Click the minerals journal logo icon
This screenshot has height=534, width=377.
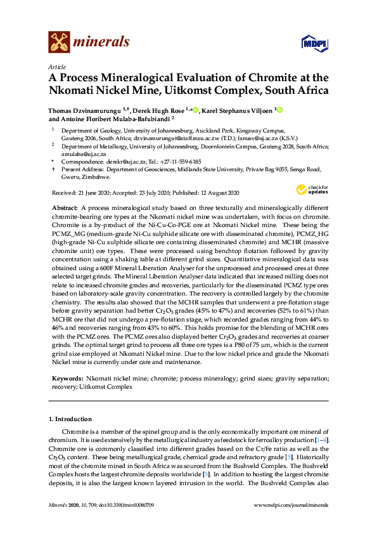[59, 42]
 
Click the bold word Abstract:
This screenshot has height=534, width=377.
[65, 208]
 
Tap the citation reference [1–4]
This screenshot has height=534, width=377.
[323, 440]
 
